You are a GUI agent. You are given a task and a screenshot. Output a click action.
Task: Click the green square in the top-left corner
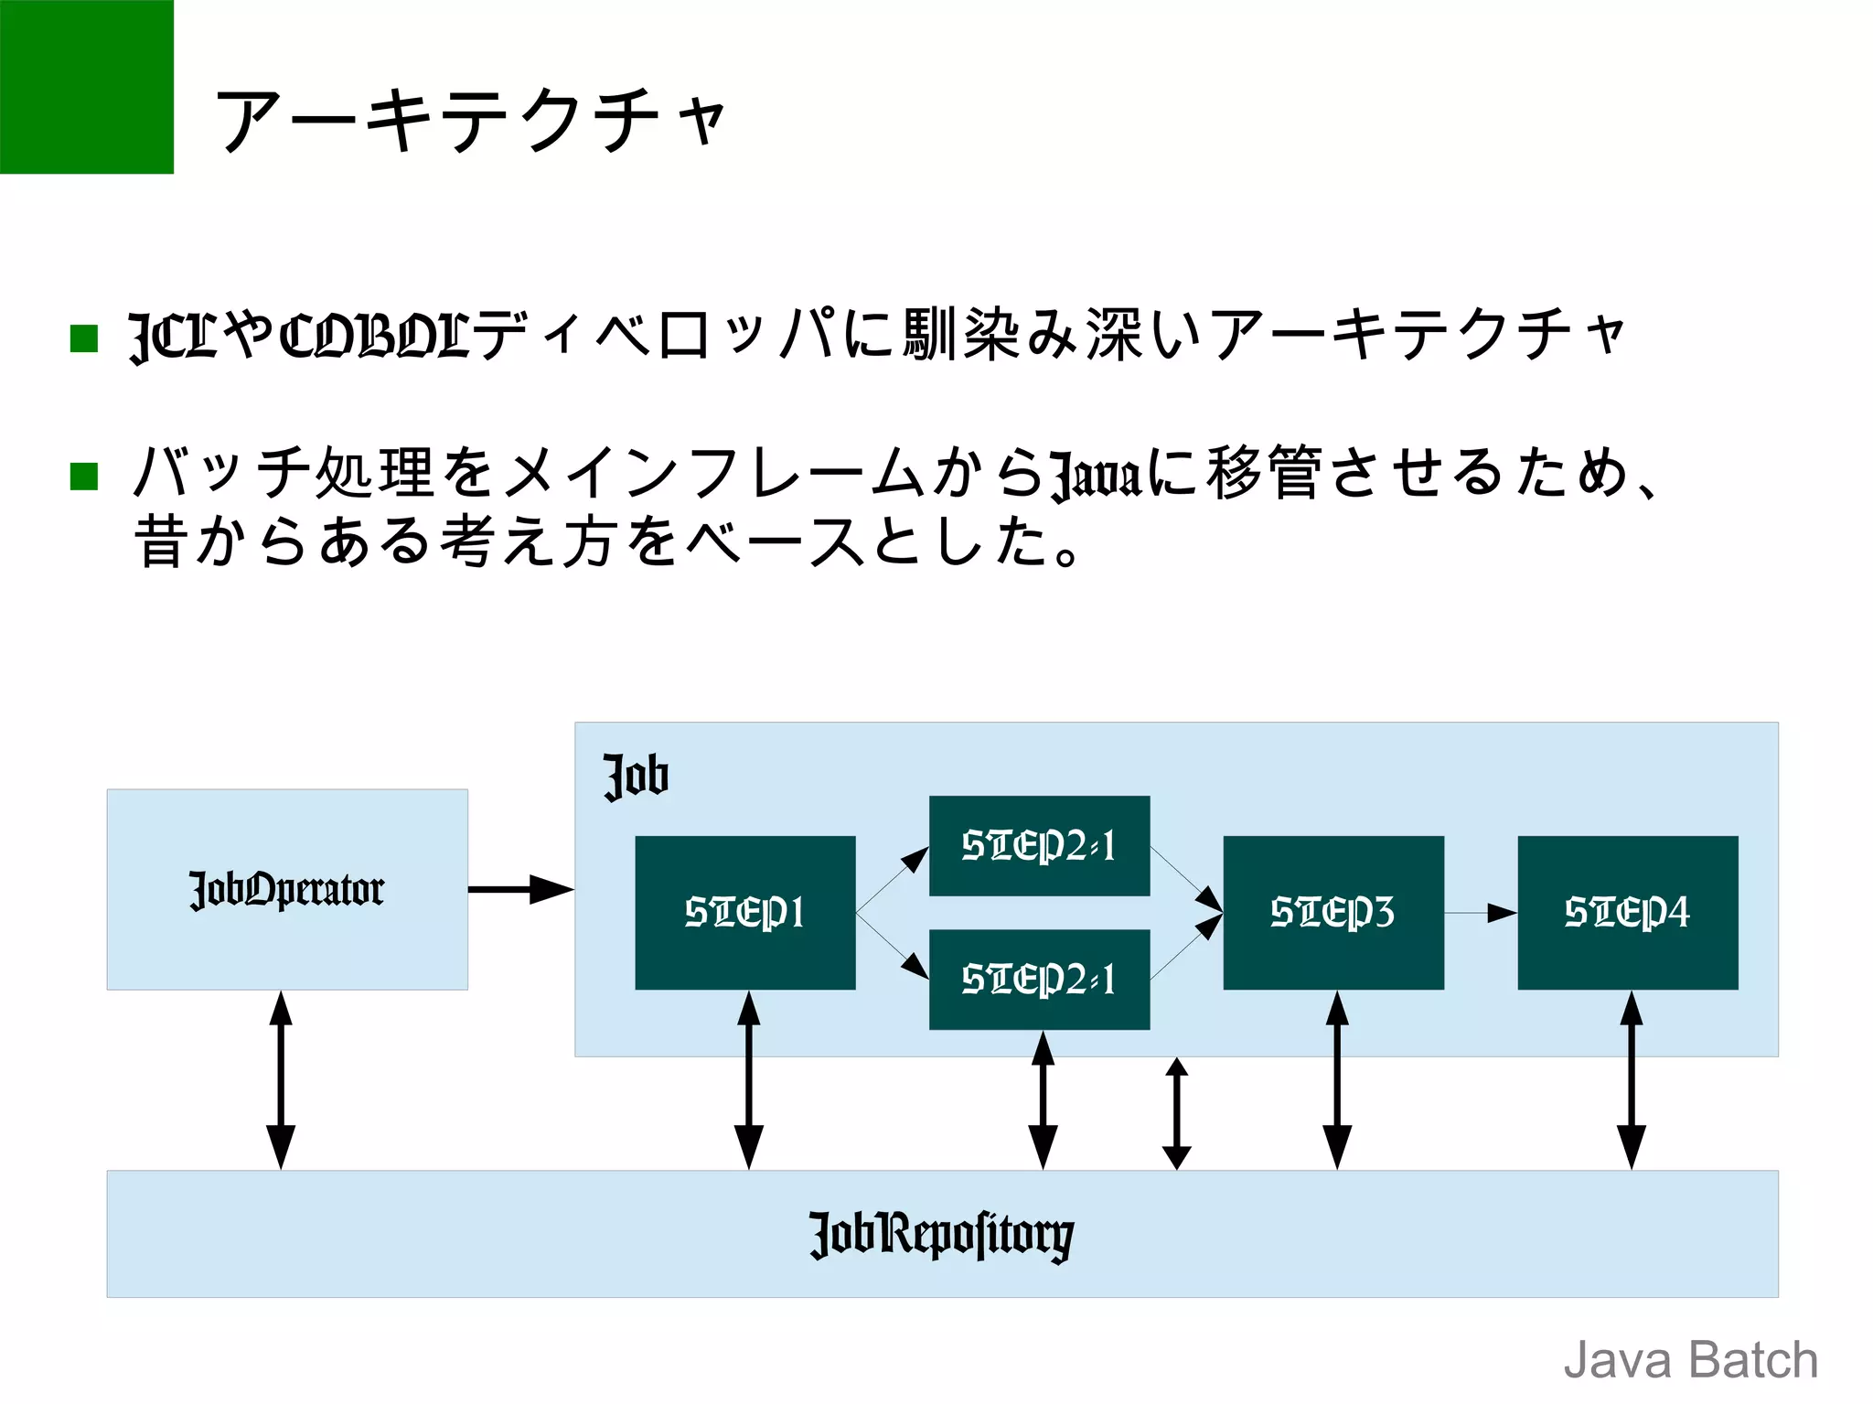coord(86,86)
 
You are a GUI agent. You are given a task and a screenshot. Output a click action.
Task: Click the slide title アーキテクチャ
coord(471,121)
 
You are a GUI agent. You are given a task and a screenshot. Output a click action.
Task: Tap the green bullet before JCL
coord(84,338)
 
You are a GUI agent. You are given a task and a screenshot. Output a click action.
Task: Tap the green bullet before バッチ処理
coord(84,476)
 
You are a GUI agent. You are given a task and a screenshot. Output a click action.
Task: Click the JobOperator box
coord(287,889)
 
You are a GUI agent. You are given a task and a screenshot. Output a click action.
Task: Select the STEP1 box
coord(745,912)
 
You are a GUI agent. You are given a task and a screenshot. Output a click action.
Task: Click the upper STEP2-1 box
coord(1039,845)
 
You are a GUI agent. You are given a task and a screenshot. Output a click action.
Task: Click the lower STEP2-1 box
coord(1039,979)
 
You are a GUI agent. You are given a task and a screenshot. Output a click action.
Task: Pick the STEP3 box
coord(1333,912)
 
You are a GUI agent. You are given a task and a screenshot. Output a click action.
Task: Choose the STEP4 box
coord(1627,912)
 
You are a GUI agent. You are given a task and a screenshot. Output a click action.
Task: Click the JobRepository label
coord(942,1235)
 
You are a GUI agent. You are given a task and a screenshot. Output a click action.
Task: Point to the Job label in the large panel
coord(637,777)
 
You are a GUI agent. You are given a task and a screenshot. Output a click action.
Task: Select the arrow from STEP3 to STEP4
coord(1480,913)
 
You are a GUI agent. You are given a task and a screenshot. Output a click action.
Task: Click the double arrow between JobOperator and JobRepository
coord(281,1079)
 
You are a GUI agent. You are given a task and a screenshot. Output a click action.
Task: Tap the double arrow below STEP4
coord(1631,1079)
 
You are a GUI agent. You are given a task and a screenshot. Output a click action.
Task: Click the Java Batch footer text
coord(1690,1360)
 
